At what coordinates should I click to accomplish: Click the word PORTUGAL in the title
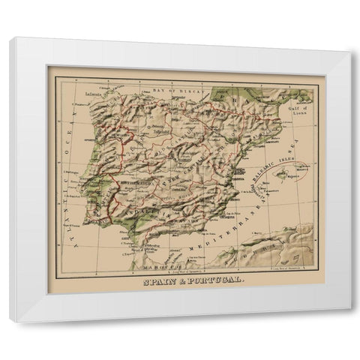click(x=199, y=279)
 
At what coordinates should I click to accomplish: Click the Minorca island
click(x=301, y=169)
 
